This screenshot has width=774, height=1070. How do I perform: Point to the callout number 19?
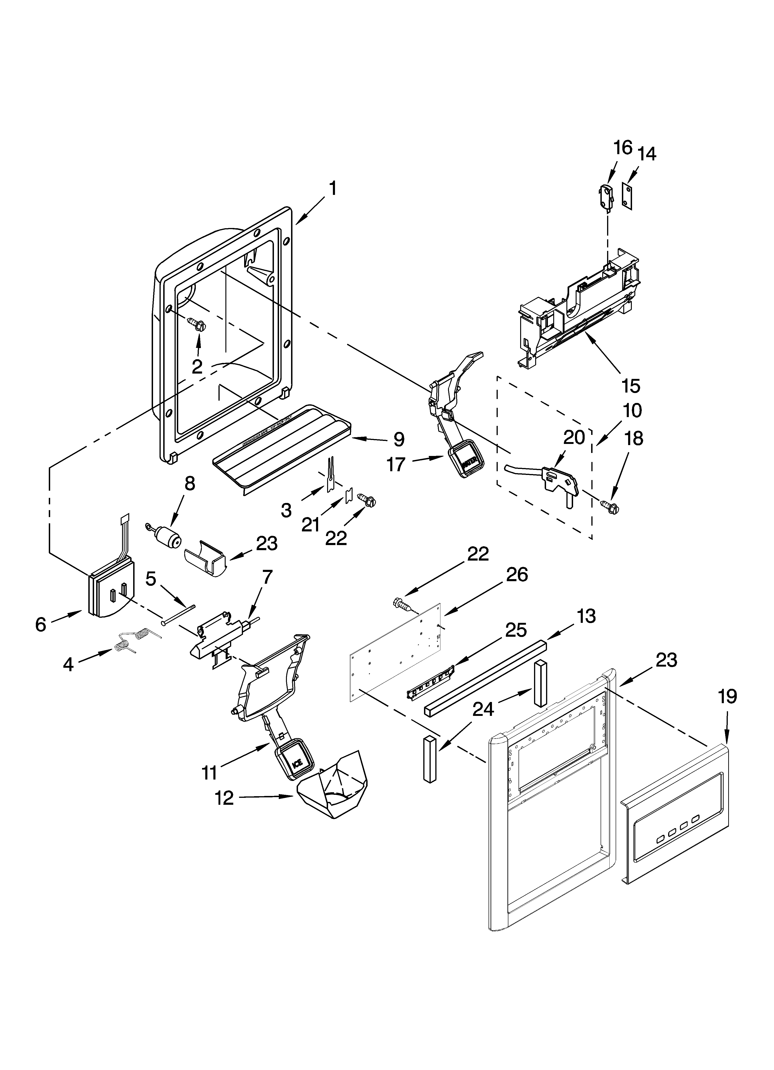[x=727, y=696]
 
